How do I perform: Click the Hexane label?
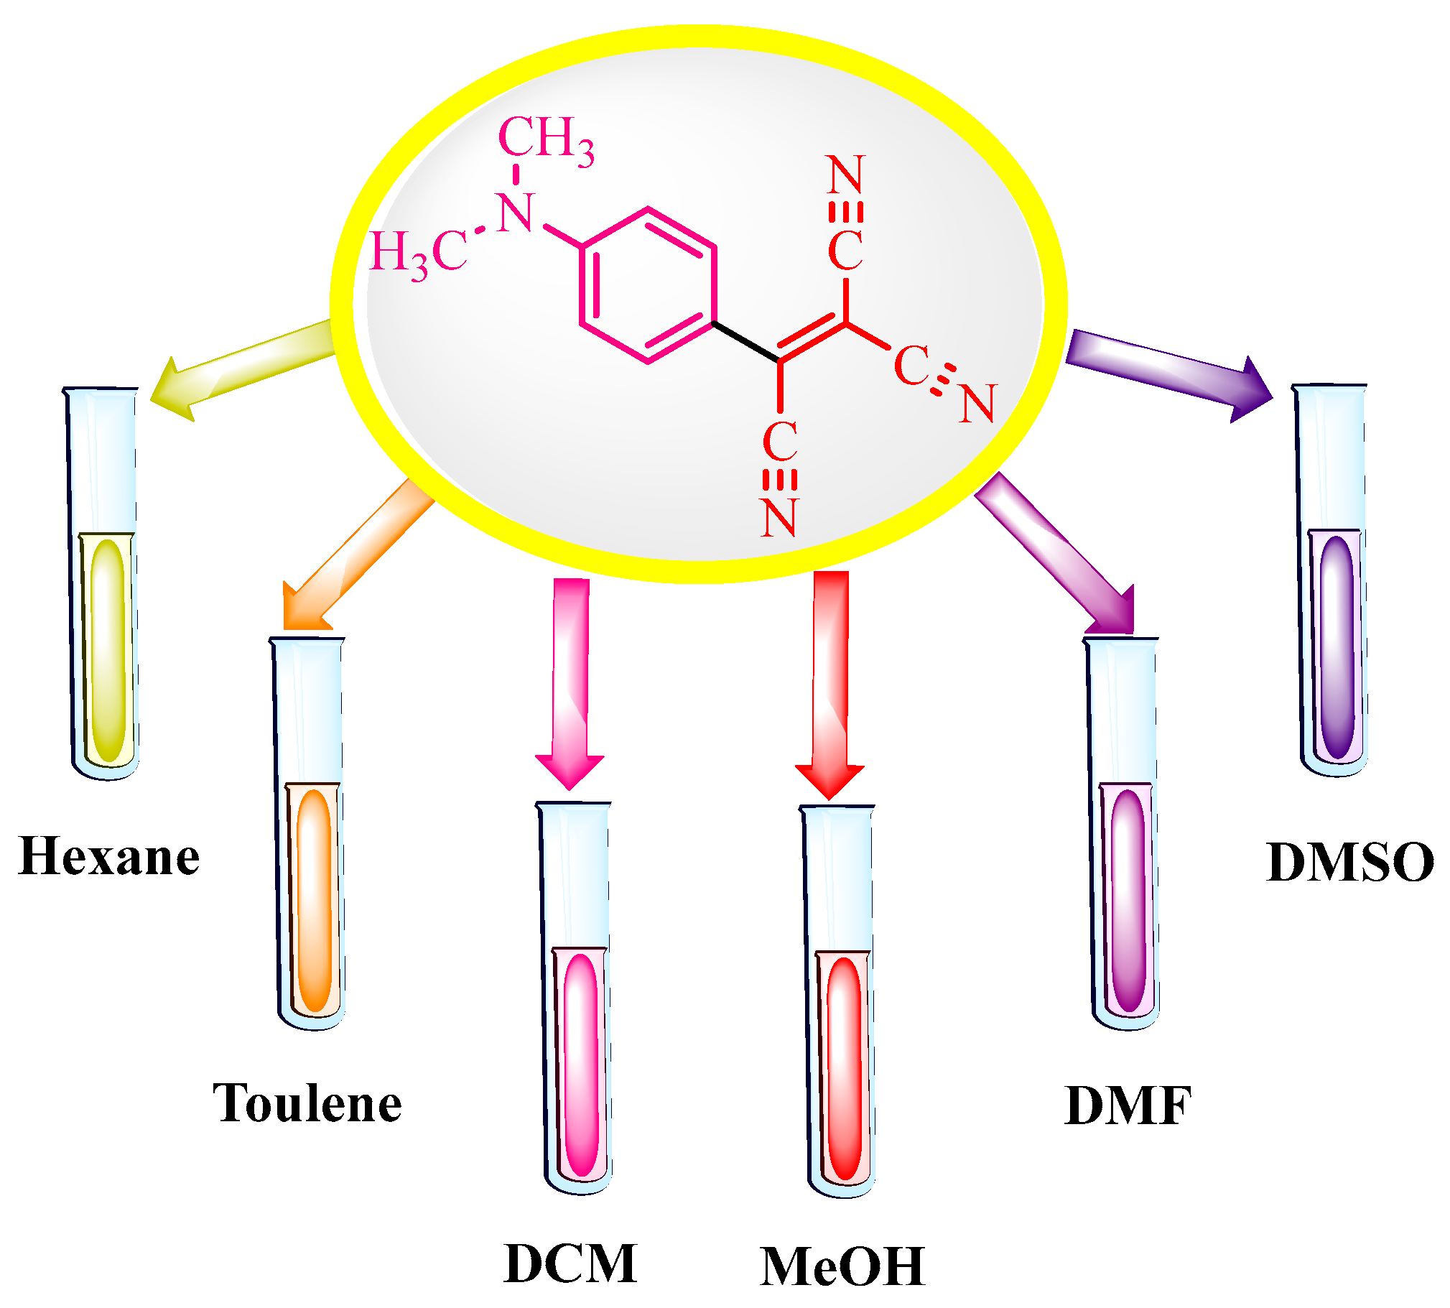click(108, 857)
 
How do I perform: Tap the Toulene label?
click(307, 1103)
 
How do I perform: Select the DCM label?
click(570, 1263)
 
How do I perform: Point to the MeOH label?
click(842, 1266)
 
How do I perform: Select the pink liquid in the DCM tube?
click(580, 1064)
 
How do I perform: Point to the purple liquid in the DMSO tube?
click(1337, 646)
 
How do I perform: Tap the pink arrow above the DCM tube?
click(570, 683)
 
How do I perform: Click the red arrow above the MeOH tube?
click(830, 683)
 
